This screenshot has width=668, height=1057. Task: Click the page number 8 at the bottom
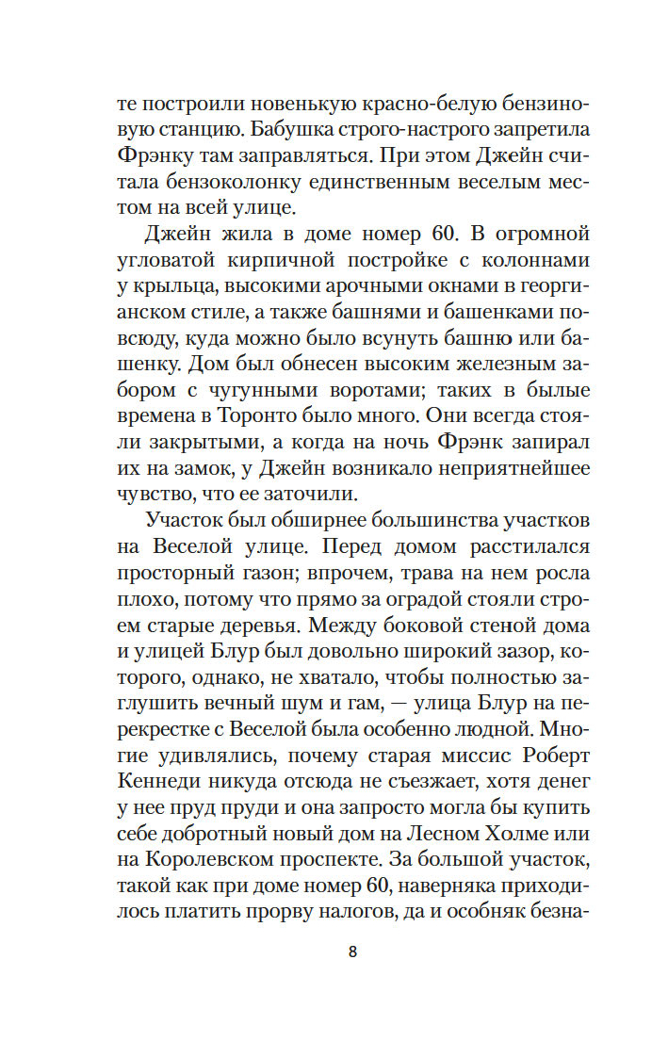pyautogui.click(x=352, y=951)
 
